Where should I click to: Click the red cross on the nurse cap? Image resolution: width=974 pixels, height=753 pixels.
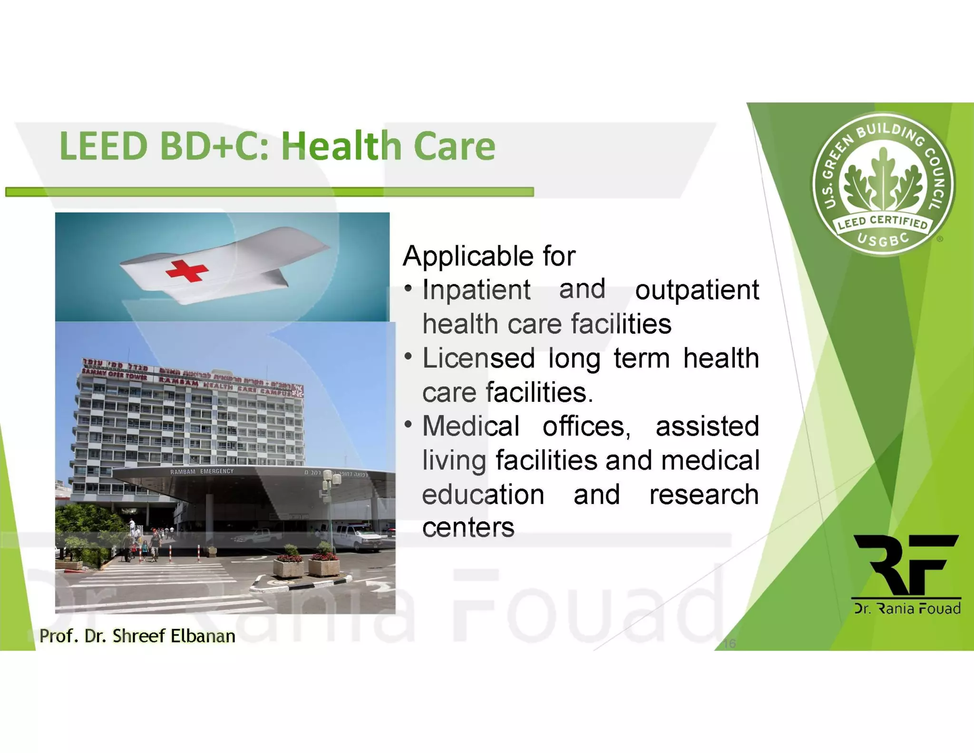pos(186,270)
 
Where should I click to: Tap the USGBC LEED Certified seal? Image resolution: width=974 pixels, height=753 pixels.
pos(883,184)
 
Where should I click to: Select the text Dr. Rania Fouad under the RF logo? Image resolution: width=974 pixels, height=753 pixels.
pos(907,609)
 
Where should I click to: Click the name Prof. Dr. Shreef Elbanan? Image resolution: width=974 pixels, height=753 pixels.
pos(137,636)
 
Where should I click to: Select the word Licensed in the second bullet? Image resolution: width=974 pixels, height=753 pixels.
pos(477,358)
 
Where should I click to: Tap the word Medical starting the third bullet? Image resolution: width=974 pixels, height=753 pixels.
pos(470,426)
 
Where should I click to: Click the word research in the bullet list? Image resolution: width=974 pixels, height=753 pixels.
pos(703,495)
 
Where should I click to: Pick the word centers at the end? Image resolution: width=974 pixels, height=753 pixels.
pos(468,528)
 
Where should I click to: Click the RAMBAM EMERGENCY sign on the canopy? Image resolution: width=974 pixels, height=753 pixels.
pos(202,471)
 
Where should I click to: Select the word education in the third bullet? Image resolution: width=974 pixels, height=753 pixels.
pos(483,495)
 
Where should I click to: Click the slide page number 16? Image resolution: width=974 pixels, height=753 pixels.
pos(730,644)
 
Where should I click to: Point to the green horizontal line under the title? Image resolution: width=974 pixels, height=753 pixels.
pos(269,192)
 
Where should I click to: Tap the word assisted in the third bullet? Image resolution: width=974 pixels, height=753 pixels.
pos(707,426)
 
